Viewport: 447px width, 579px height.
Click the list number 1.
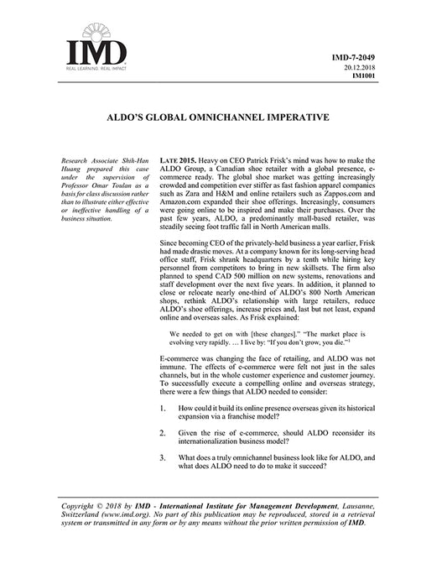pyautogui.click(x=162, y=407)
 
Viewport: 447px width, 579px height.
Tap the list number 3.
pyautogui.click(x=162, y=459)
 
